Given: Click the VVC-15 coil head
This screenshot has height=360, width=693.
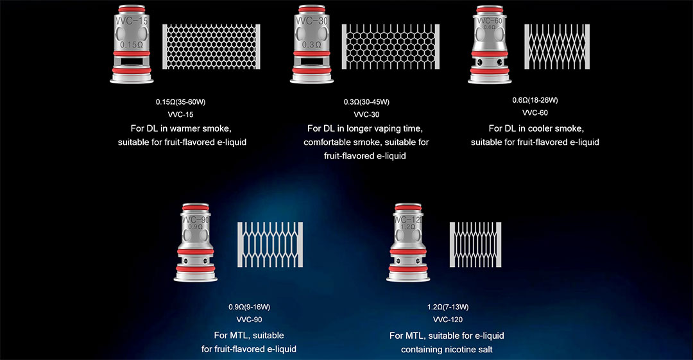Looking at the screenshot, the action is tap(132, 44).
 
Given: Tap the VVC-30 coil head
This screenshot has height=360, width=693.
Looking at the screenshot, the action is tap(312, 44).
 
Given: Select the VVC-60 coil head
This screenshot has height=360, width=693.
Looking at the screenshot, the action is tap(490, 44).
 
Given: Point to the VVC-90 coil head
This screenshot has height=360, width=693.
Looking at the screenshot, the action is tap(195, 243).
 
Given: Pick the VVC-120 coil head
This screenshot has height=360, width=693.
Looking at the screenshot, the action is tap(408, 243).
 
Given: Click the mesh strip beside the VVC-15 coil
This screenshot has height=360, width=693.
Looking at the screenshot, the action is tap(211, 47).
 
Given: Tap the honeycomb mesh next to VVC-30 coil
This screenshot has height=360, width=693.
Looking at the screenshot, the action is tap(391, 47).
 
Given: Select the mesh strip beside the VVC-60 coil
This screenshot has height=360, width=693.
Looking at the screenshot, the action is tap(557, 47).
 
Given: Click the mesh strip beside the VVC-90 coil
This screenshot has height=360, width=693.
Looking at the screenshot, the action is tap(270, 244).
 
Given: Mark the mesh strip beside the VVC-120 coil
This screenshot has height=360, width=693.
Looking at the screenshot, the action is tap(475, 244).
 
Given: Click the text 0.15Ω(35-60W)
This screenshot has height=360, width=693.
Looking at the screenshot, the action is tap(180, 102).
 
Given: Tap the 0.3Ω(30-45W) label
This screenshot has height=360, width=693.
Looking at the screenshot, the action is tap(366, 102).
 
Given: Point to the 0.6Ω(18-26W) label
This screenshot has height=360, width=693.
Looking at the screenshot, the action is tap(535, 100).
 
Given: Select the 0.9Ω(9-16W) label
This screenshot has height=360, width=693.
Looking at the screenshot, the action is tap(249, 307).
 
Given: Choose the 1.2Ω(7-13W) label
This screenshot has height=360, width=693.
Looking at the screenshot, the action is tap(448, 307).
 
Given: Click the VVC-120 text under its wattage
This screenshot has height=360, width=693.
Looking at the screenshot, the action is tap(448, 320).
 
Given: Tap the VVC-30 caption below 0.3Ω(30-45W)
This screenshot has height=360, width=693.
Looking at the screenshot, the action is tap(366, 114).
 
